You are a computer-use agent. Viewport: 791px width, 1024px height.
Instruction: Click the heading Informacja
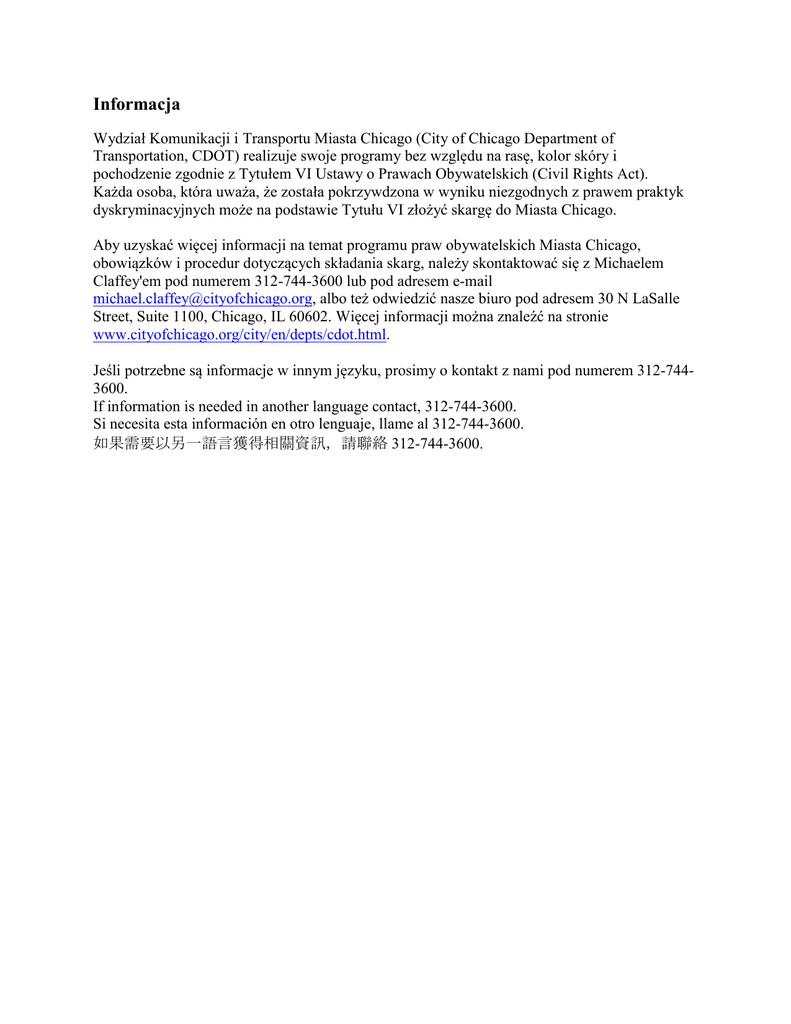pyautogui.click(x=136, y=104)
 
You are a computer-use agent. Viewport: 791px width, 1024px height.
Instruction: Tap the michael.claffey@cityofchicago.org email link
pyautogui.click(x=203, y=299)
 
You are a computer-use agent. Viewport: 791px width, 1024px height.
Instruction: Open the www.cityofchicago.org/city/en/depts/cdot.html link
pyautogui.click(x=239, y=334)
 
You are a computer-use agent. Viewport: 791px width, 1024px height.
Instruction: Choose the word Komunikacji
pyautogui.click(x=189, y=139)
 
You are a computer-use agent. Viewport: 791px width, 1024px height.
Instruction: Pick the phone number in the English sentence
pyautogui.click(x=470, y=406)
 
